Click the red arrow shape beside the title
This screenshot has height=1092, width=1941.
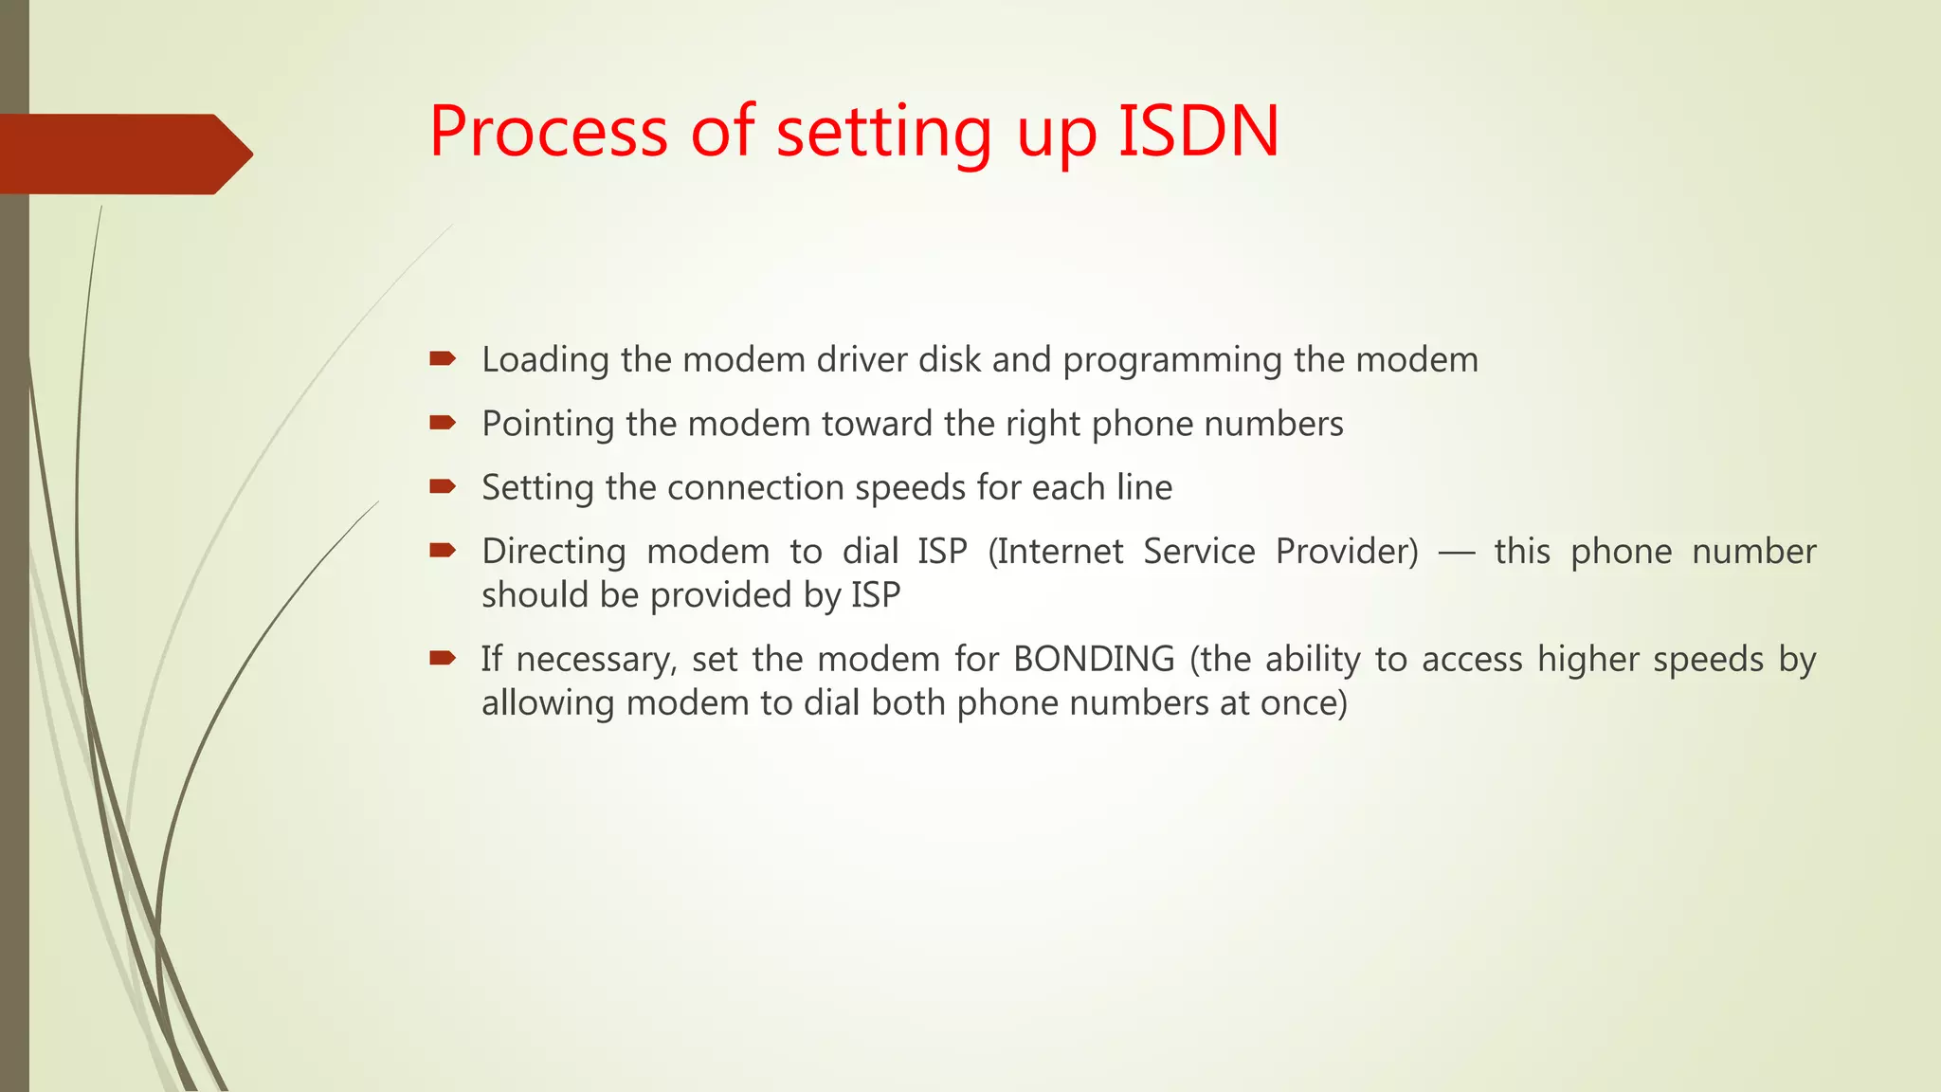[123, 155]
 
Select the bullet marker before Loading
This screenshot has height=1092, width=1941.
[443, 358]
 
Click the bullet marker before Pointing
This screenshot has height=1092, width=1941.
[443, 423]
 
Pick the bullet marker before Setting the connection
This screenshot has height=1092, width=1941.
[443, 486]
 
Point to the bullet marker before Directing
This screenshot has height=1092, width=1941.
[443, 550]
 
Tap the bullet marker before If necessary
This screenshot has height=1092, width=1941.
[443, 658]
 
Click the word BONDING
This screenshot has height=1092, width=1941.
[1094, 659]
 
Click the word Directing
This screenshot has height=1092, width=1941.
[553, 553]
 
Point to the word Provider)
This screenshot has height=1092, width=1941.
[1347, 552]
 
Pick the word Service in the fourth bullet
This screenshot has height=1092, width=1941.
[1199, 552]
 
